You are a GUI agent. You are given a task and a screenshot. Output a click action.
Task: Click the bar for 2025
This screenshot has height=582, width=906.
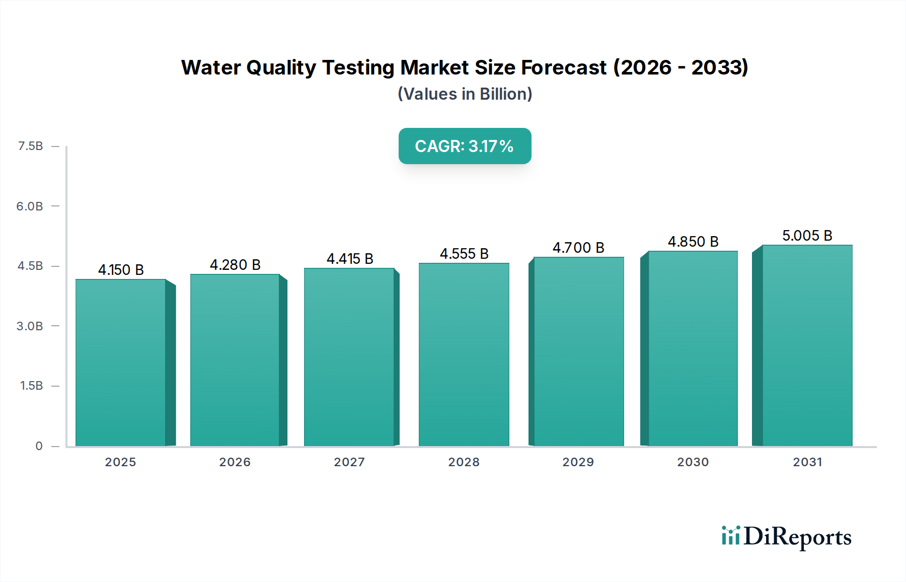[x=121, y=362]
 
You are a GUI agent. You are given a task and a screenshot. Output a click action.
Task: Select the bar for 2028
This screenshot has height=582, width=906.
[x=464, y=354]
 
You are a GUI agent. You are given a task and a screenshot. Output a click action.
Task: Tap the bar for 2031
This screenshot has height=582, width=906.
[x=807, y=345]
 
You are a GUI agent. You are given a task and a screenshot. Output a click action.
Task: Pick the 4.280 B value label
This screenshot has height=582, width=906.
[x=235, y=265]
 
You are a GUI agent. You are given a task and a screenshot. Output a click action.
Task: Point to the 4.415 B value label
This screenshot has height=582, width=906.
[x=350, y=259]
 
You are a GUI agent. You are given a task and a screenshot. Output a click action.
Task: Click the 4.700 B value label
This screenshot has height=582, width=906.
[x=578, y=248]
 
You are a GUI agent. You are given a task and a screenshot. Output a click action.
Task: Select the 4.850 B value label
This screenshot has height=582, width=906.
[x=693, y=242]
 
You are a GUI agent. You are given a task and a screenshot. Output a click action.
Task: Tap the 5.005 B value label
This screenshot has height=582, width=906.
[x=807, y=236]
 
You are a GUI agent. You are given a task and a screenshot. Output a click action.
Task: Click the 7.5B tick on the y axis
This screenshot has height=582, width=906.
[x=30, y=146]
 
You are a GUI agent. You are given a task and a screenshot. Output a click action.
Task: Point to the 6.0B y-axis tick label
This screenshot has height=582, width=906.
[x=30, y=206]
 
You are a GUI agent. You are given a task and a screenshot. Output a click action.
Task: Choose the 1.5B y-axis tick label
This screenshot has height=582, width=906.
[x=31, y=386]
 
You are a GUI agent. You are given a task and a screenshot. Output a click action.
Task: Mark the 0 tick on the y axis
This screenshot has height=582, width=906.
[x=39, y=446]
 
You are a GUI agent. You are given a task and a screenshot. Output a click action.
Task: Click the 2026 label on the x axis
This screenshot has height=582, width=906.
[x=235, y=462]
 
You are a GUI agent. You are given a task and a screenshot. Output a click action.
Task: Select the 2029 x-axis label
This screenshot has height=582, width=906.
[x=578, y=462]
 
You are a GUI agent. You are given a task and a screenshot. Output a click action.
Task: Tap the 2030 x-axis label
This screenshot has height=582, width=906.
[x=693, y=462]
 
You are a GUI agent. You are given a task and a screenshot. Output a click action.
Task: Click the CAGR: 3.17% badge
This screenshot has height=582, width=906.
[x=465, y=146]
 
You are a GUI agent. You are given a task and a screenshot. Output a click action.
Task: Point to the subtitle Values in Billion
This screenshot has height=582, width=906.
[x=465, y=94]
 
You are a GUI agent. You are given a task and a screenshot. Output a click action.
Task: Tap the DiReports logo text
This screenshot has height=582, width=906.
[x=797, y=537]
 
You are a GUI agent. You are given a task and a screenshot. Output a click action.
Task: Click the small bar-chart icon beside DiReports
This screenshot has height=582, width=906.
[x=730, y=536]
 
